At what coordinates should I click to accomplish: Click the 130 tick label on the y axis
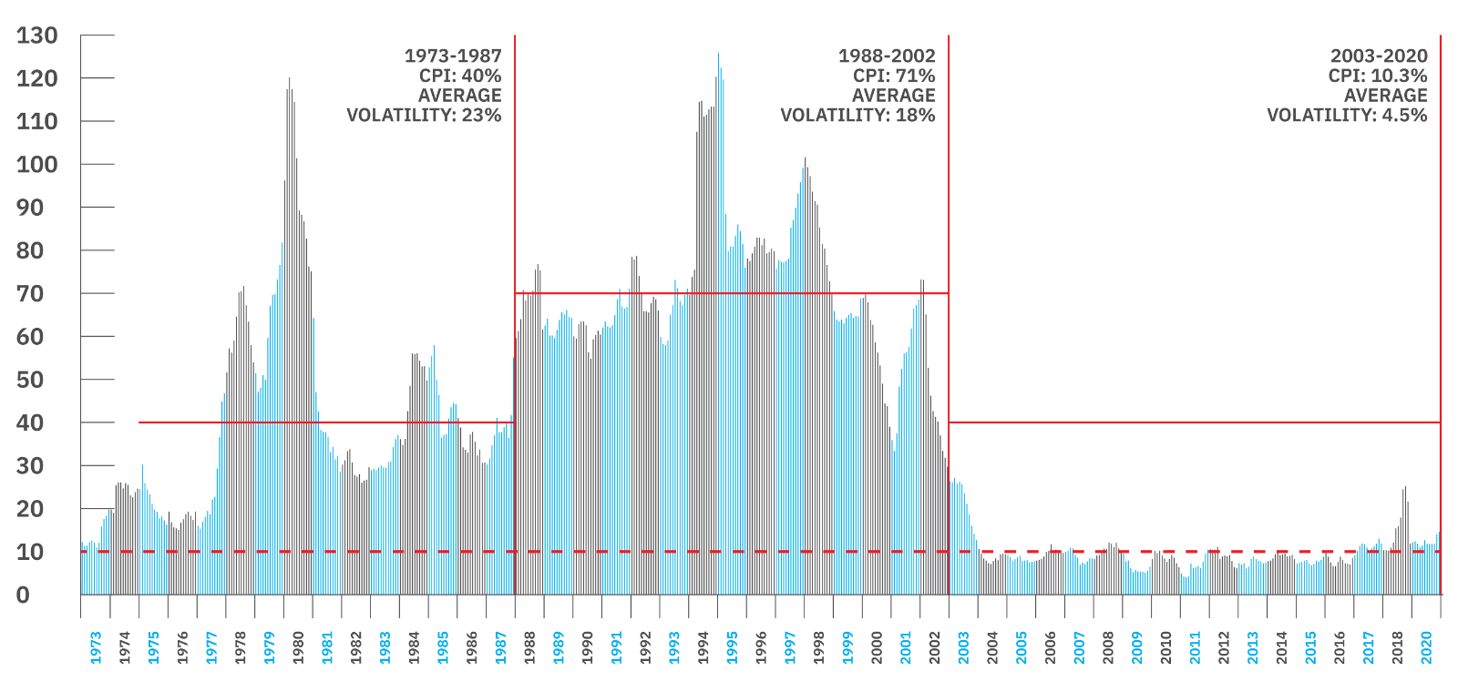point(36,36)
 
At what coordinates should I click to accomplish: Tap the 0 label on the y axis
point(24,595)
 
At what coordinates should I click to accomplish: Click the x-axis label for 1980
point(299,647)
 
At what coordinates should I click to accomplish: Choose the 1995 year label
point(733,647)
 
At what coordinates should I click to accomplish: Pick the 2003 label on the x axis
point(964,647)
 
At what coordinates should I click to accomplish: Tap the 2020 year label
point(1427,647)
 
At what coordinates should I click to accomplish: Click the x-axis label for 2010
point(1166,647)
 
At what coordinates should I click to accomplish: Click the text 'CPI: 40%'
point(460,76)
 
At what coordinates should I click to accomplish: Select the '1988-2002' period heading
point(887,56)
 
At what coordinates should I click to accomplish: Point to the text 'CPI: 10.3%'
point(1378,76)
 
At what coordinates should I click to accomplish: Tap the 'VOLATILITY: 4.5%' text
point(1347,115)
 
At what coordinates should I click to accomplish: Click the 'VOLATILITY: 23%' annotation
point(424,115)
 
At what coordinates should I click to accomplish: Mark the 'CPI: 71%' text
point(894,76)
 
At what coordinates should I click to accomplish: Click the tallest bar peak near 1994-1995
point(718,55)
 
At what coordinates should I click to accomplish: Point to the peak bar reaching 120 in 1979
point(290,80)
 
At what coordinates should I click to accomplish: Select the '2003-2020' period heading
point(1379,56)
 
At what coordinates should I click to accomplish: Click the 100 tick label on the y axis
point(36,165)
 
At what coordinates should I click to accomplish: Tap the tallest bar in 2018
point(1405,488)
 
